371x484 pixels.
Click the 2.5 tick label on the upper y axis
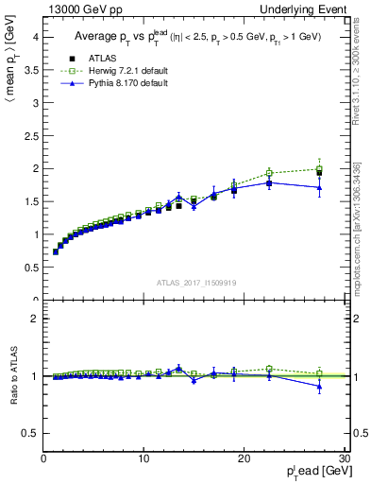pos(32,135)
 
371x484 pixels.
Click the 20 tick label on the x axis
pos(244,458)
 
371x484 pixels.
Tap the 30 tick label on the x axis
pos(344,458)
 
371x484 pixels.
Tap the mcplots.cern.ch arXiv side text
pos(357,227)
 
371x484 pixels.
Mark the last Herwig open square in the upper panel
pos(319,169)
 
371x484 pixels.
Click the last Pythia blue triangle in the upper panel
pos(319,188)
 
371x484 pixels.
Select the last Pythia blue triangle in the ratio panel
pos(319,386)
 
